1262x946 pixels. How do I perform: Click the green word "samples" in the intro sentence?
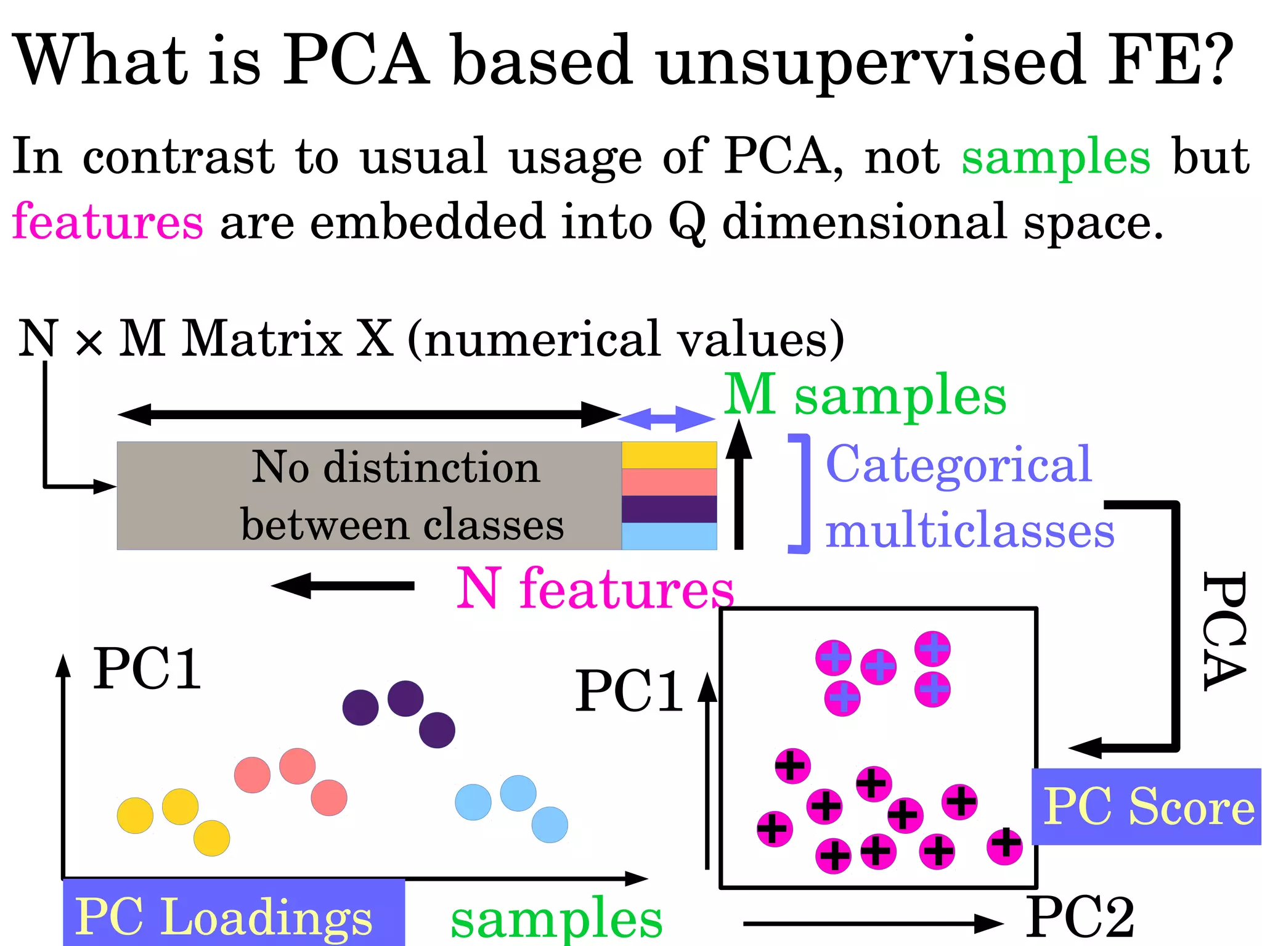[x=1056, y=157]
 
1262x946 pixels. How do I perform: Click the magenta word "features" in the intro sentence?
[x=108, y=222]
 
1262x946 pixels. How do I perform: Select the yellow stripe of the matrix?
[x=669, y=455]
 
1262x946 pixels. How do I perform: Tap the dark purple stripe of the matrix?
[x=669, y=509]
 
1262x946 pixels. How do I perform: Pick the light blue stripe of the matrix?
[x=669, y=536]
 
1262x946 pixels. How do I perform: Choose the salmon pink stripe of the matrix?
[x=669, y=482]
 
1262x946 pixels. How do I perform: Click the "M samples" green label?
[x=865, y=396]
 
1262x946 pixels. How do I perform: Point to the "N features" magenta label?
[x=595, y=589]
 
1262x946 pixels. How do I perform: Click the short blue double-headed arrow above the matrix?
[x=667, y=419]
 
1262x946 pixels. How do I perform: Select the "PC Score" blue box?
[x=1147, y=806]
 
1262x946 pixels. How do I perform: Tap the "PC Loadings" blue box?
[x=234, y=915]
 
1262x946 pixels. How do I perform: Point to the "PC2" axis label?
[x=1080, y=917]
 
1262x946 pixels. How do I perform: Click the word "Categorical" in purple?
[x=958, y=465]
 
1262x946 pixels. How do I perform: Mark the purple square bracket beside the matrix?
[x=800, y=494]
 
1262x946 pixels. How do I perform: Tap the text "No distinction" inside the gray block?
[x=396, y=467]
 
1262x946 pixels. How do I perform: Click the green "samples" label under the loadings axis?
[x=556, y=918]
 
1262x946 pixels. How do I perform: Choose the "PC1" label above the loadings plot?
[x=147, y=669]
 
